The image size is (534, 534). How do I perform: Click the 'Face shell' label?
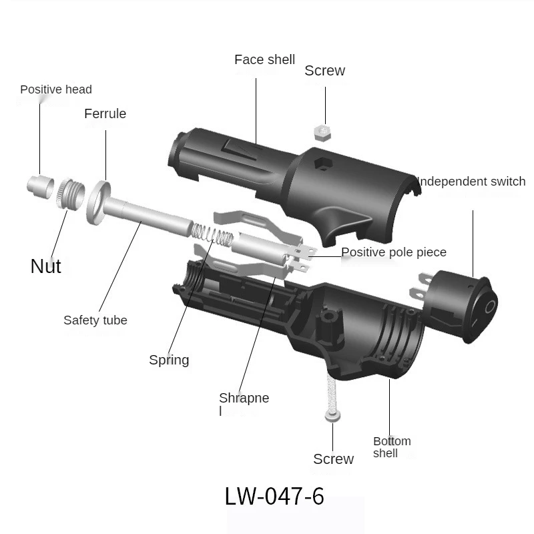[x=264, y=60]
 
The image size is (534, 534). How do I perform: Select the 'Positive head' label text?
[x=56, y=89]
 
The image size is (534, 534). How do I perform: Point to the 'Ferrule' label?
[x=105, y=113]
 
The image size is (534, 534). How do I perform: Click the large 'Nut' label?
[x=46, y=266]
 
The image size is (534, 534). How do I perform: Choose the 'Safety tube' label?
[x=95, y=320]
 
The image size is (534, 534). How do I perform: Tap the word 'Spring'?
[x=169, y=360]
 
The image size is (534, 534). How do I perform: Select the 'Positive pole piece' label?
[x=394, y=252]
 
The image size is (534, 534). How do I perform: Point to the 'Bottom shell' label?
[x=392, y=447]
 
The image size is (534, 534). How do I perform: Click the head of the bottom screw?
[x=333, y=417]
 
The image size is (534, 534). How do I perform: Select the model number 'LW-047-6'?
[x=274, y=496]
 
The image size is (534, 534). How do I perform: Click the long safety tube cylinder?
[x=150, y=217]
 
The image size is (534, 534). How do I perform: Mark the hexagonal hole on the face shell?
[x=322, y=164]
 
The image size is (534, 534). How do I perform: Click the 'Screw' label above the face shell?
[x=324, y=71]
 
